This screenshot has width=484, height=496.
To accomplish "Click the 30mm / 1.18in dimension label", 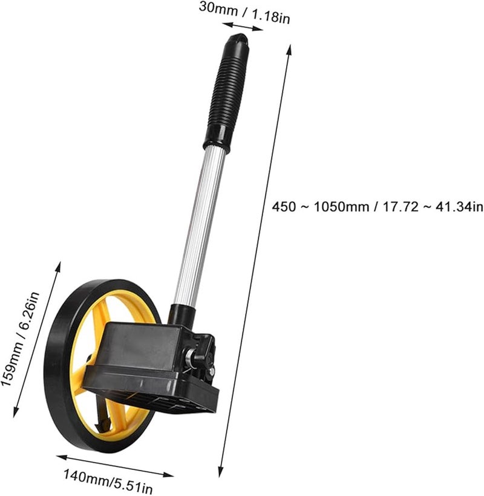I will (x=245, y=12).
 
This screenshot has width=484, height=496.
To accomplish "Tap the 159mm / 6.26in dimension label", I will (x=24, y=339).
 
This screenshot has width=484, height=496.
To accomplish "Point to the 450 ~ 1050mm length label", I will (x=377, y=207).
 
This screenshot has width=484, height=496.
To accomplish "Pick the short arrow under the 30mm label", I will (x=243, y=27).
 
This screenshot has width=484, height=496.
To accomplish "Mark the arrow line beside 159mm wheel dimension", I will (x=37, y=339).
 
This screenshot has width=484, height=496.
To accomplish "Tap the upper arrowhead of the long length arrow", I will (x=289, y=48).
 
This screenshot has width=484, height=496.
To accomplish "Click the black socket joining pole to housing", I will (x=181, y=314).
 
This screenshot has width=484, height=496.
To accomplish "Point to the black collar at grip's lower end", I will (x=216, y=145).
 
